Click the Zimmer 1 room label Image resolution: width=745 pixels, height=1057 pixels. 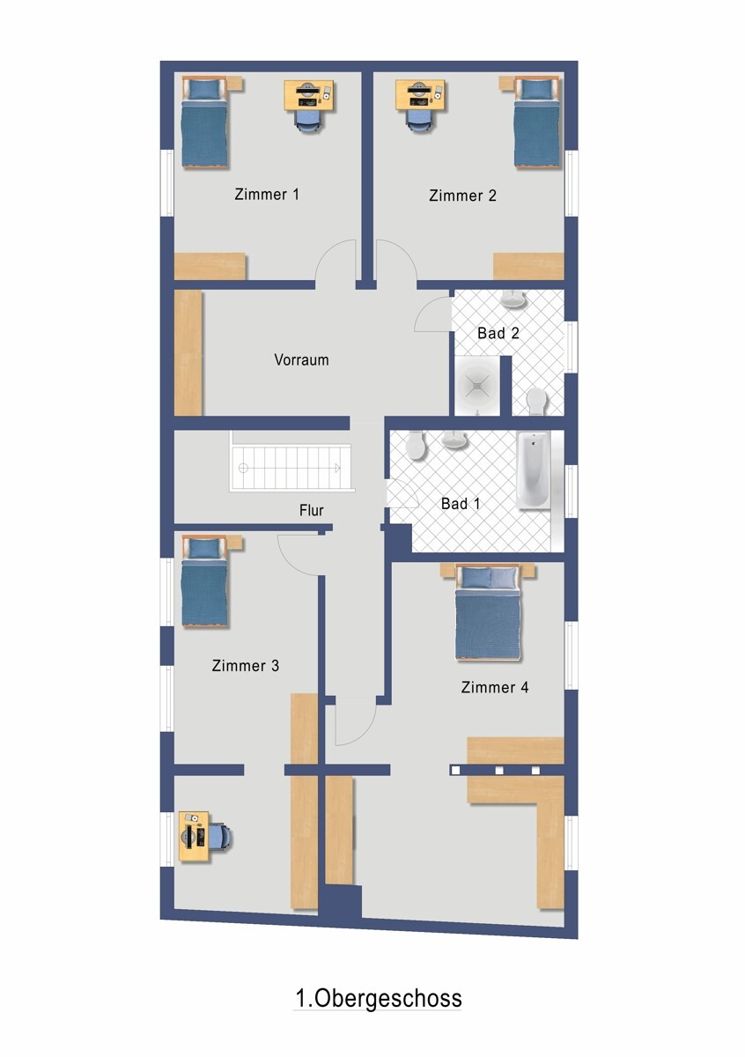(x=267, y=194)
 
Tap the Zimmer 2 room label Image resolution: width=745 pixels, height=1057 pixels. (x=462, y=196)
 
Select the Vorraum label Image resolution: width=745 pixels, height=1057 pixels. (x=301, y=359)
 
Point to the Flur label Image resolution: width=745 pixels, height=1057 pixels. (x=312, y=510)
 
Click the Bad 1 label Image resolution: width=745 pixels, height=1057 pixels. (x=461, y=504)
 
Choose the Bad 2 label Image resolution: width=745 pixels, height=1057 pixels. (x=498, y=333)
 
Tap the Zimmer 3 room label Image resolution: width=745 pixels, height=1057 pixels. (x=246, y=665)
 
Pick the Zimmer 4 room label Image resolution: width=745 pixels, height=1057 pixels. (x=495, y=687)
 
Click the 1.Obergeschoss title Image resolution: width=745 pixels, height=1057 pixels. (x=379, y=998)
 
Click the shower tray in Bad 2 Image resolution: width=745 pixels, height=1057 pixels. (x=477, y=386)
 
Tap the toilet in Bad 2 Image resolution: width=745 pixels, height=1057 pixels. (x=536, y=401)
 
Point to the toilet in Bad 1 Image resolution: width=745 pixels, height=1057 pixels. (x=417, y=445)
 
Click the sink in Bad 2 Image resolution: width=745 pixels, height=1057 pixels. (x=513, y=299)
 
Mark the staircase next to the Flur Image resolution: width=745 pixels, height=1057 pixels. (x=291, y=468)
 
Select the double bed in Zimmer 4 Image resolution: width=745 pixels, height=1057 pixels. (x=488, y=612)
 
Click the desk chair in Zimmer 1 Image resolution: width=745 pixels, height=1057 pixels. (x=307, y=122)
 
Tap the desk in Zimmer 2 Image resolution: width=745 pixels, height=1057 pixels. (x=420, y=95)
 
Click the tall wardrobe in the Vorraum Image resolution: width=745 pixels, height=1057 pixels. (x=188, y=352)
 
